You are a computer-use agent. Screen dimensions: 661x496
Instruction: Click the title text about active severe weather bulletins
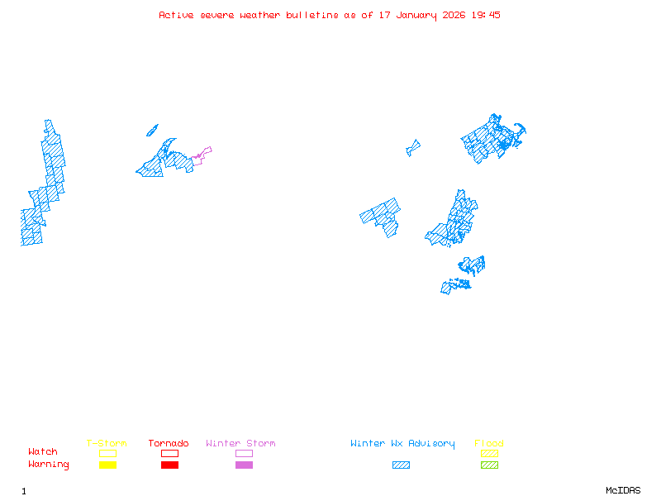(x=330, y=15)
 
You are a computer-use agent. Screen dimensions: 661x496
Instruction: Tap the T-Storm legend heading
(x=107, y=444)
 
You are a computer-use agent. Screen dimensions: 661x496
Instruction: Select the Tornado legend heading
(x=169, y=444)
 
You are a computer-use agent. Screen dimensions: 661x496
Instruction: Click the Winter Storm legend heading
(x=240, y=444)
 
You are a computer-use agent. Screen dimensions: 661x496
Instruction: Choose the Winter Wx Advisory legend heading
(x=402, y=444)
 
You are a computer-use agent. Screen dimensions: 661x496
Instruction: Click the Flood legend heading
(x=489, y=444)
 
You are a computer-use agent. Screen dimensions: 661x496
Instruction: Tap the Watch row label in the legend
(x=43, y=452)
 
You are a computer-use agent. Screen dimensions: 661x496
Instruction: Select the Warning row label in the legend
(x=49, y=465)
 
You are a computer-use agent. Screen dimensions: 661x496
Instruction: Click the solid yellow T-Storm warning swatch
(x=107, y=465)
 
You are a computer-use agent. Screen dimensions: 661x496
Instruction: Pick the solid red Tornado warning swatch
(x=169, y=465)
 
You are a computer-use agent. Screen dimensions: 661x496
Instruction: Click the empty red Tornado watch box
(x=169, y=453)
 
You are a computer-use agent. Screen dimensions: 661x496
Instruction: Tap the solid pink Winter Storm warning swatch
(x=244, y=465)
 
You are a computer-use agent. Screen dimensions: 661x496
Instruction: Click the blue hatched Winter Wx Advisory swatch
(x=401, y=465)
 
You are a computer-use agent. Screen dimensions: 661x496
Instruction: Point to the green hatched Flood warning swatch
(x=489, y=465)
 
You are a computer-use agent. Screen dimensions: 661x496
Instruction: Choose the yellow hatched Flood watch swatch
(x=489, y=453)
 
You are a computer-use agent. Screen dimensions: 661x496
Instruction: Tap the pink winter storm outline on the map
(x=202, y=153)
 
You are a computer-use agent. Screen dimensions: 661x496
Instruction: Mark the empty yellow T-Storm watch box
(x=107, y=453)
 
